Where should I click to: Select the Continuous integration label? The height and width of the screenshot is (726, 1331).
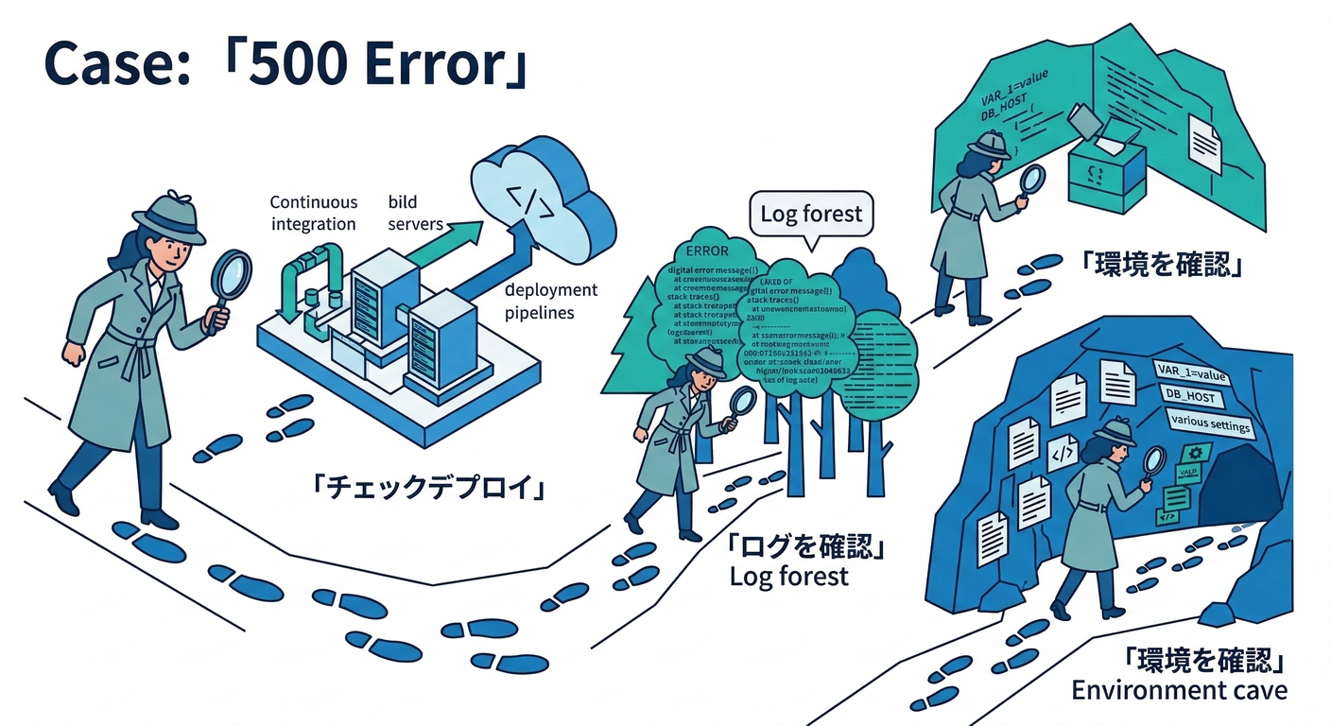click(314, 213)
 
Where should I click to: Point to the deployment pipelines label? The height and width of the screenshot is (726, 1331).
click(551, 301)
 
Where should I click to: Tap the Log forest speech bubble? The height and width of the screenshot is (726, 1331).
click(812, 214)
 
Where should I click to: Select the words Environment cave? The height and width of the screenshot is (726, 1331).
click(1179, 690)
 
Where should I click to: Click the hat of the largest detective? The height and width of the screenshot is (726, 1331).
click(168, 215)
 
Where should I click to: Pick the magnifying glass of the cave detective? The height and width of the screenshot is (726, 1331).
click(1154, 461)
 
